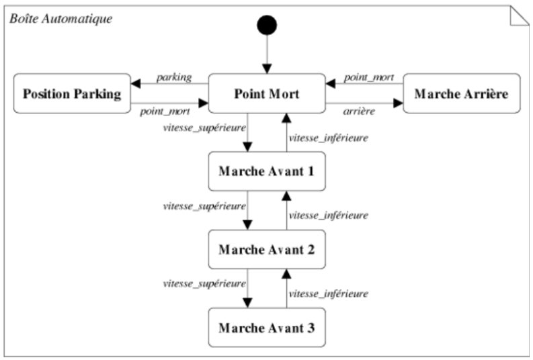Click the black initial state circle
pyautogui.click(x=267, y=25)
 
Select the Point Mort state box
pyautogui.click(x=267, y=93)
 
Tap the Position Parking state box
pyautogui.click(x=72, y=93)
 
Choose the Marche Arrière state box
pyautogui.click(x=462, y=93)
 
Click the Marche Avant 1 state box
pyautogui.click(x=267, y=171)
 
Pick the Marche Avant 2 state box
pyautogui.click(x=267, y=250)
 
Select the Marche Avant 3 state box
pyautogui.click(x=267, y=328)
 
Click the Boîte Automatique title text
pyautogui.click(x=61, y=18)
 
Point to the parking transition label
pyautogui.click(x=174, y=77)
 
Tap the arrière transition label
pyautogui.click(x=359, y=111)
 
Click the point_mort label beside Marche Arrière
pyautogui.click(x=369, y=77)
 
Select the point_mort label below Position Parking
pyautogui.click(x=165, y=111)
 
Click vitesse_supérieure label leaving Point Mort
pyautogui.click(x=204, y=128)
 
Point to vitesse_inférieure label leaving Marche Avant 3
pyautogui.click(x=329, y=294)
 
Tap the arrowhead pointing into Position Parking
pyautogui.click(x=136, y=83)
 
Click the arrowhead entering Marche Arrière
pyautogui.click(x=398, y=103)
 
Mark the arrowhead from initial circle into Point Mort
pyautogui.click(x=268, y=69)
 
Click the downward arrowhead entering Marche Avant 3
pyautogui.click(x=247, y=303)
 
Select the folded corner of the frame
pyautogui.click(x=520, y=15)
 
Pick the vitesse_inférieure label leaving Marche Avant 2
pyautogui.click(x=329, y=216)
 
